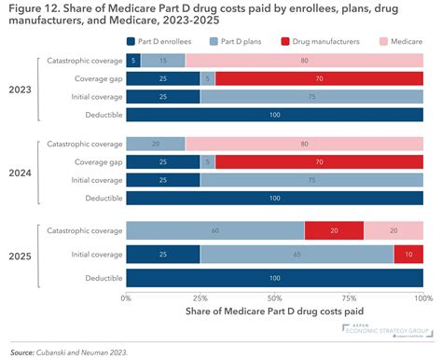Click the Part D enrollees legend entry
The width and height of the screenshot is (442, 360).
point(164,42)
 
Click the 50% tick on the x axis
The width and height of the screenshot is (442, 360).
point(274,298)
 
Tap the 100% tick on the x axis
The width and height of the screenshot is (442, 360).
point(422,298)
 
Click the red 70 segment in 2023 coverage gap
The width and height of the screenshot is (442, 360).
point(319,79)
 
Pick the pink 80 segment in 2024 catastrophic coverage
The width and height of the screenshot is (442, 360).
point(304,145)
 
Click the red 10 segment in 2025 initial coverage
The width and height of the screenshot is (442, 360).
point(408,253)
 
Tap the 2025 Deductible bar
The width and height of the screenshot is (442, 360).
point(274,278)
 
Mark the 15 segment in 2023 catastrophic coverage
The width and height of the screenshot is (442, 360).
point(163,61)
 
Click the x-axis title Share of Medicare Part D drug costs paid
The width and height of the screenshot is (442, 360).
point(274,311)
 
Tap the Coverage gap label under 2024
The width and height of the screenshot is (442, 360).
point(96,162)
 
